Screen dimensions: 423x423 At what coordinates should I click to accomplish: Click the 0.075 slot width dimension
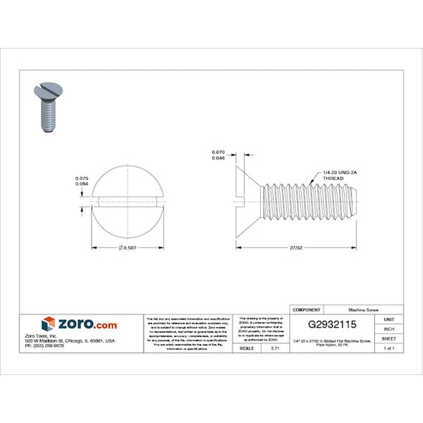coord(82,178)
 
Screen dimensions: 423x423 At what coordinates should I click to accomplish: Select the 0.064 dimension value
coord(82,184)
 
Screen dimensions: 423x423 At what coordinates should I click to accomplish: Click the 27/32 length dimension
coord(295,247)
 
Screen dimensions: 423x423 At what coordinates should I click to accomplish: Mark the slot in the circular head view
coord(129,199)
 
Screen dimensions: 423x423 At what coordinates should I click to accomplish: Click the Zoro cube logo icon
coord(48,323)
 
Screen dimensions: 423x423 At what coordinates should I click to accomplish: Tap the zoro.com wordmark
coord(87,323)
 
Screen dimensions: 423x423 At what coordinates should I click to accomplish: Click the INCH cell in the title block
coord(389,328)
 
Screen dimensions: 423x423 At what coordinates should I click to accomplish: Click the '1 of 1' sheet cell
coord(389,348)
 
